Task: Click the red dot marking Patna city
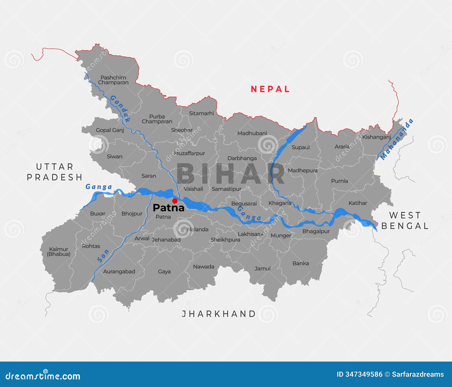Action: click(175, 201)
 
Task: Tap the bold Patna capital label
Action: click(168, 208)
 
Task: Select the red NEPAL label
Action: click(270, 89)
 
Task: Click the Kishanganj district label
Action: click(376, 137)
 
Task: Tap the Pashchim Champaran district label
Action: click(113, 80)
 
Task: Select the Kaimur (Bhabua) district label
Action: click(59, 251)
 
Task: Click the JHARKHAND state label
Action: click(219, 314)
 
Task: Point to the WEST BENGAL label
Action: click(405, 221)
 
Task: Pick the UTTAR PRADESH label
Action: click(55, 172)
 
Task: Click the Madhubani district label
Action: click(252, 133)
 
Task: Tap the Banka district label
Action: click(301, 263)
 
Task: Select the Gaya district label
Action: click(164, 271)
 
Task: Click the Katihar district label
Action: click(358, 203)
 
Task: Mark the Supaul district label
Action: click(301, 147)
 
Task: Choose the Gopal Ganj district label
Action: click(110, 130)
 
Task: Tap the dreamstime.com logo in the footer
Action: click(43, 376)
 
